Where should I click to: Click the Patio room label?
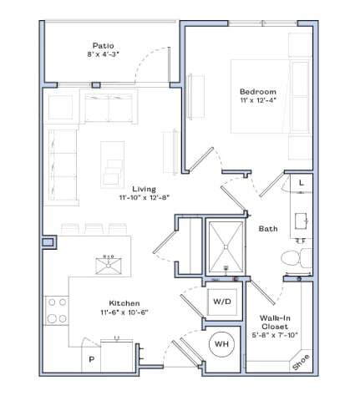pyautogui.click(x=104, y=44)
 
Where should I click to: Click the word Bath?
pyautogui.click(x=268, y=228)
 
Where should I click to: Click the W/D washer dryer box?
pyautogui.click(x=221, y=300)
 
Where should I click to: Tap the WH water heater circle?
pyautogui.click(x=222, y=343)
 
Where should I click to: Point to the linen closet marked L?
pyautogui.click(x=300, y=181)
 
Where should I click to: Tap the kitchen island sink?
pyautogui.click(x=107, y=265)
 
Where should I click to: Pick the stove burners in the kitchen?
pyautogui.click(x=57, y=311)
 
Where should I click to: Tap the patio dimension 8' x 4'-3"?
pyautogui.click(x=104, y=53)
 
